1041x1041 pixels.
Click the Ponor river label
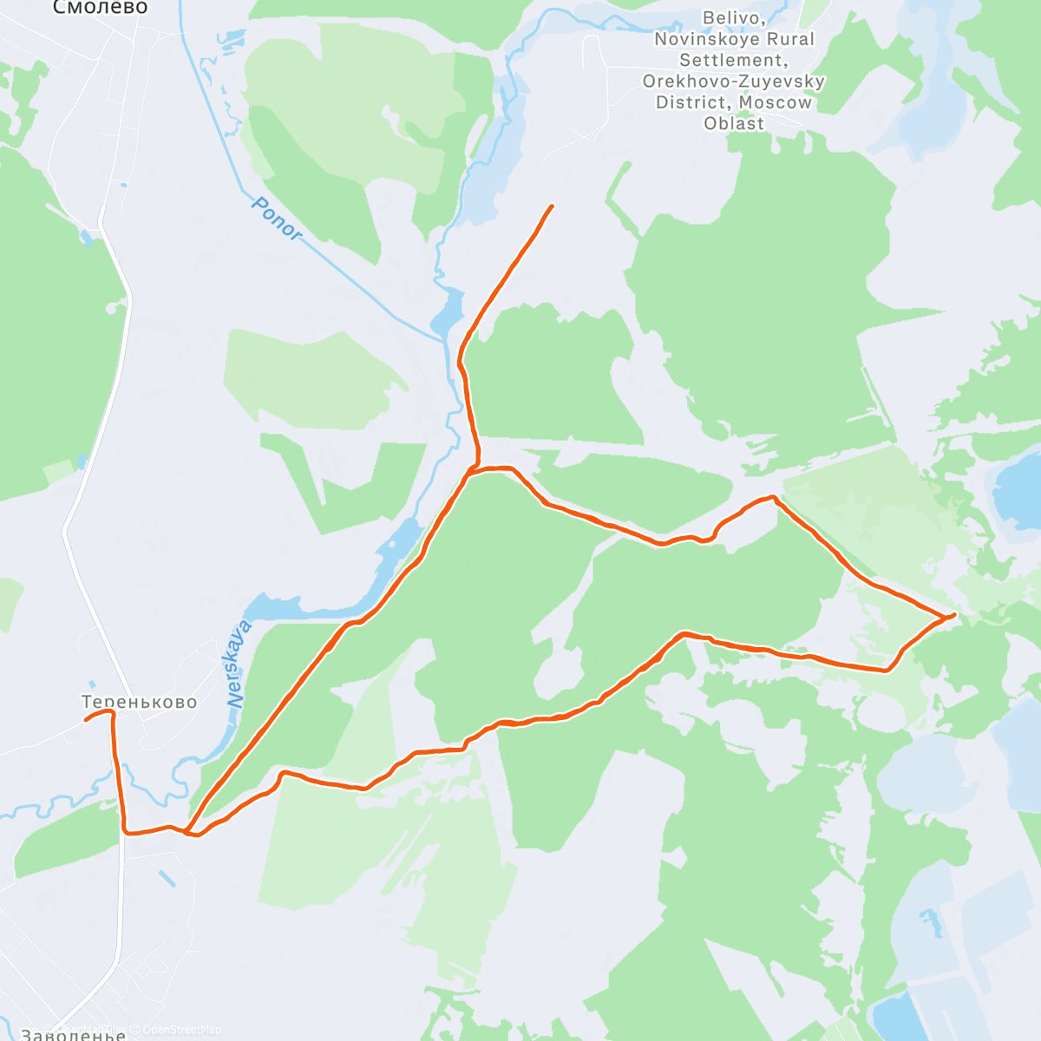coord(277,219)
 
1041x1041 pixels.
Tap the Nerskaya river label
coord(239,665)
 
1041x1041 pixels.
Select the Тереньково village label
coord(139,702)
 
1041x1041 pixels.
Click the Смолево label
coord(101,8)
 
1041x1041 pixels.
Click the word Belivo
coord(733,18)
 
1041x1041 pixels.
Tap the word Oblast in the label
coord(734,123)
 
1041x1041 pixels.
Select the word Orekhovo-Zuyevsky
coord(734,82)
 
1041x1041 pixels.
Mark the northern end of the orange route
coord(552,206)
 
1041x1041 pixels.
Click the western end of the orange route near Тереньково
coord(85,720)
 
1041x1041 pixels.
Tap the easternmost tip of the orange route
coord(954,614)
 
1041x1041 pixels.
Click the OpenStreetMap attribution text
coord(181,1030)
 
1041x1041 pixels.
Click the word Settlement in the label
coord(734,60)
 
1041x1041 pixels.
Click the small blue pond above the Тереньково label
coord(92,684)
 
